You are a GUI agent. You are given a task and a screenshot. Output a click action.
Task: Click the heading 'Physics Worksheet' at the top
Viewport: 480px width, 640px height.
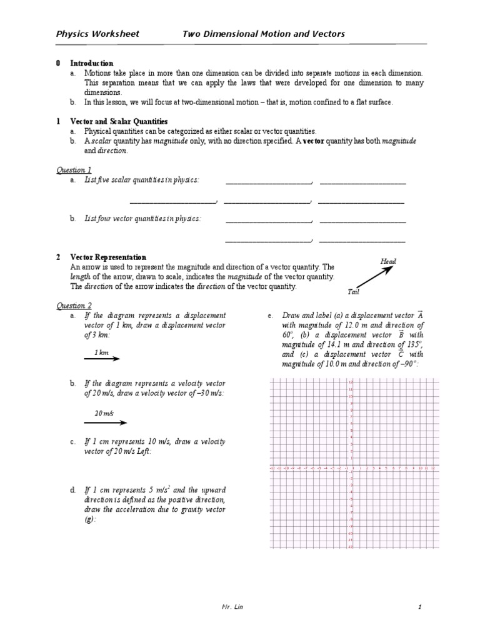tap(97, 34)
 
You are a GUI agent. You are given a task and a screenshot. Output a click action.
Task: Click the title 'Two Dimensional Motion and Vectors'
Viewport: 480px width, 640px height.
tap(263, 34)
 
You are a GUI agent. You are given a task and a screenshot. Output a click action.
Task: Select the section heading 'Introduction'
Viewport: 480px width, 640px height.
tap(91, 63)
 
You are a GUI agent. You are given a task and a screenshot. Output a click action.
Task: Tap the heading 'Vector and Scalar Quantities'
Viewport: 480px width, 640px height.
tap(118, 121)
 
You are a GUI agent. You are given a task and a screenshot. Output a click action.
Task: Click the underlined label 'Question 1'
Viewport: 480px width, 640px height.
tap(74, 169)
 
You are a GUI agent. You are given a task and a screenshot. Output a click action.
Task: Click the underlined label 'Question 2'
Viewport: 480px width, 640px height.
tap(74, 305)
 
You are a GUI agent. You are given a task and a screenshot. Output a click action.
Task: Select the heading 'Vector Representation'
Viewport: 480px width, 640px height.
tap(107, 257)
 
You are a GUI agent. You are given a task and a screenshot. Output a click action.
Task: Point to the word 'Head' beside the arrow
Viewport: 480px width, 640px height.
tap(388, 261)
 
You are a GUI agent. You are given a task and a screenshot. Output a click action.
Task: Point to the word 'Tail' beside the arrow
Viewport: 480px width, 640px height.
tap(353, 291)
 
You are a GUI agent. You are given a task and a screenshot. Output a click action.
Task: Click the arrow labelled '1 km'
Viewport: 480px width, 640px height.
tap(102, 359)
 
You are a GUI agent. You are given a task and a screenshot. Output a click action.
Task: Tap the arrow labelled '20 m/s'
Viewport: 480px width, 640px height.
tap(105, 422)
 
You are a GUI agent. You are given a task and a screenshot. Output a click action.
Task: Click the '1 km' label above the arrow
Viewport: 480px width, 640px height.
tap(101, 352)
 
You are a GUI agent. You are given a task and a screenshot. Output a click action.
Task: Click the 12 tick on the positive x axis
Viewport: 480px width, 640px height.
tap(432, 467)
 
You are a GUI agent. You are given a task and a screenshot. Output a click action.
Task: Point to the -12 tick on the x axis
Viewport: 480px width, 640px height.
tap(272, 467)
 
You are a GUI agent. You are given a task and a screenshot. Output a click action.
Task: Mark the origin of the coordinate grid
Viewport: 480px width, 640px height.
tap(352, 464)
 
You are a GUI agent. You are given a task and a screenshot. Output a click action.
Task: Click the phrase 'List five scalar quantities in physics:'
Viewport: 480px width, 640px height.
tap(142, 181)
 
